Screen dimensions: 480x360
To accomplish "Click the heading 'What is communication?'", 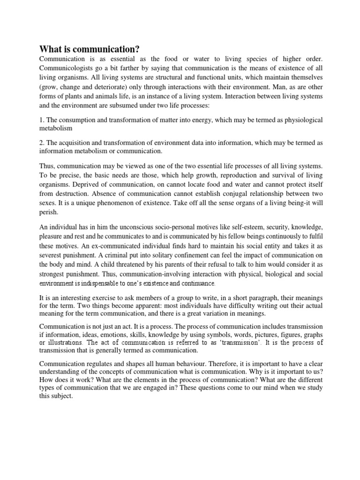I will pos(90,49).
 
